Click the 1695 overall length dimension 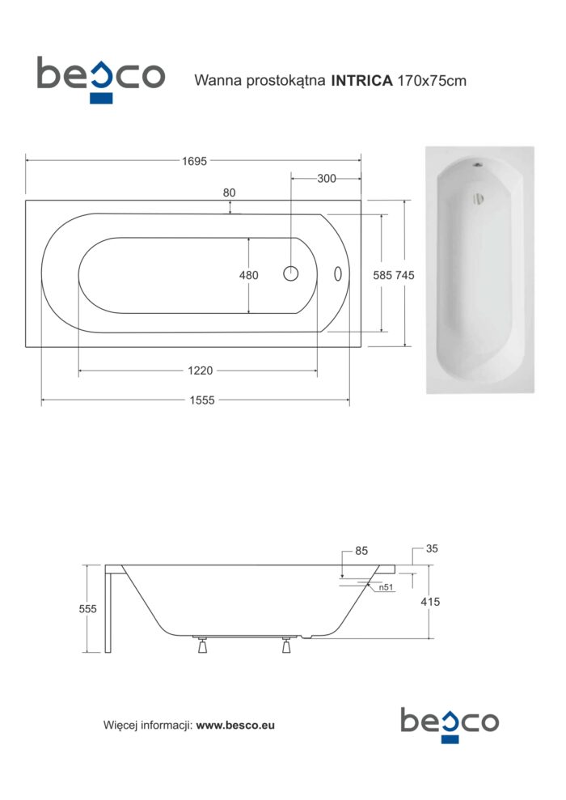[x=194, y=161]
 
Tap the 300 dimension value [x=327, y=179]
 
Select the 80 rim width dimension [x=230, y=193]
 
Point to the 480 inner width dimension [x=249, y=275]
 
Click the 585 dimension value [x=382, y=275]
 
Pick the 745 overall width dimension [x=405, y=275]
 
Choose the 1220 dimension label [x=201, y=371]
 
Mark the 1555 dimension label [x=202, y=400]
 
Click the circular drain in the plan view [x=290, y=274]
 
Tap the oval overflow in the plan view [x=337, y=274]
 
